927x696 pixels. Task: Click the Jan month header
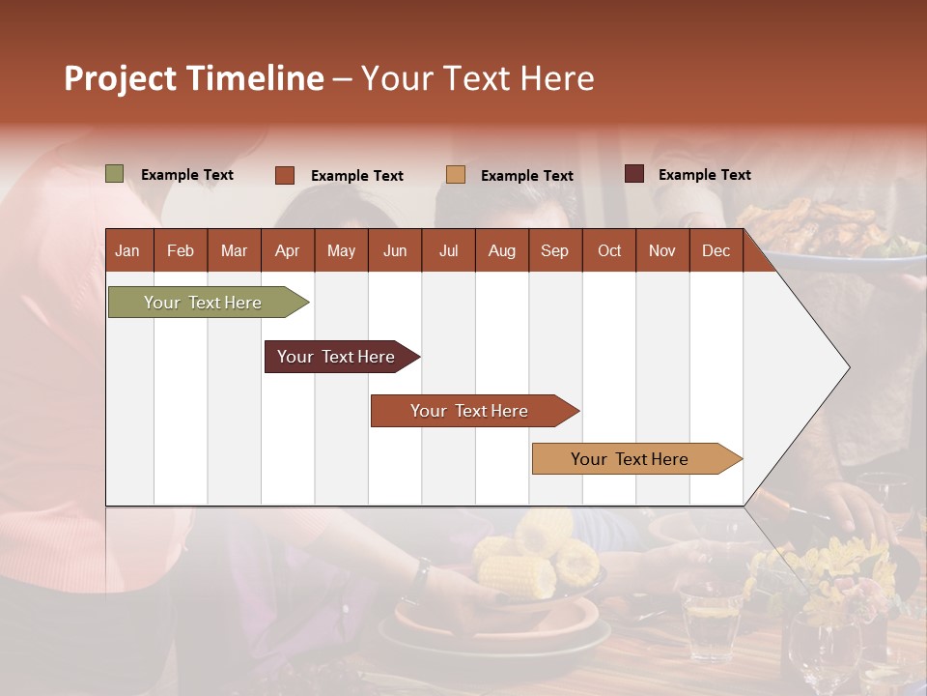coord(127,250)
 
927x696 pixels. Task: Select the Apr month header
coord(287,250)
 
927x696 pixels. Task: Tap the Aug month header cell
coord(501,250)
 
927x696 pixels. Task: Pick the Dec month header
coord(716,250)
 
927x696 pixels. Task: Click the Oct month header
coord(609,250)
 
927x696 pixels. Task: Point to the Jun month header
coord(394,250)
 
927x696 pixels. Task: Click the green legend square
coord(115,174)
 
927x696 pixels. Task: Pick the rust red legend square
coord(285,175)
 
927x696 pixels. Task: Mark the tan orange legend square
coord(456,174)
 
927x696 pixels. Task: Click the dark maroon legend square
coord(634,174)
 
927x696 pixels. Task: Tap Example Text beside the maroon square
coord(704,175)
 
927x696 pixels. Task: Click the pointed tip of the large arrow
coord(848,366)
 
